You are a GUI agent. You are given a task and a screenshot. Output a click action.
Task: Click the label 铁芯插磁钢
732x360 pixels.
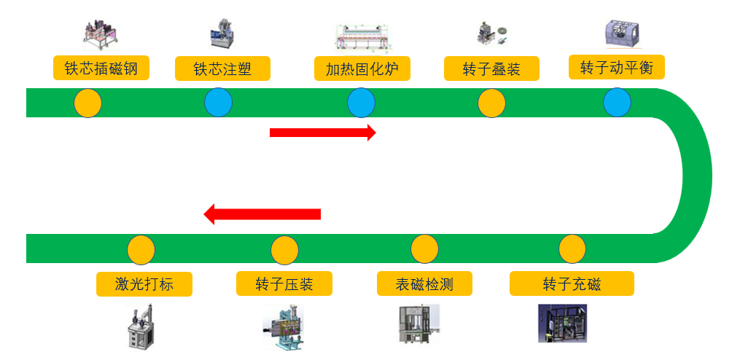[101, 69]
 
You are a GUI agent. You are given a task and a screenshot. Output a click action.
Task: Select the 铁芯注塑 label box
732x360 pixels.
[222, 69]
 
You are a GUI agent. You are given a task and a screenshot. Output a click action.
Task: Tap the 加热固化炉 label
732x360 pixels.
[362, 69]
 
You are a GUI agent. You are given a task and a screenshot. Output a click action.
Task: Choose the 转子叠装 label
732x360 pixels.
[491, 69]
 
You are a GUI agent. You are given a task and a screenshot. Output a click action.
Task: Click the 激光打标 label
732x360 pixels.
[144, 283]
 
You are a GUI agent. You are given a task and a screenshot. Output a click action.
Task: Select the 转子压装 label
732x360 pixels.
[284, 283]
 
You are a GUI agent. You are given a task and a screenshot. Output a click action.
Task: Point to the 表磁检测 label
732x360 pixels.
[424, 283]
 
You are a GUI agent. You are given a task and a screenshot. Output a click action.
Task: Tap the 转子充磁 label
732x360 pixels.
[572, 283]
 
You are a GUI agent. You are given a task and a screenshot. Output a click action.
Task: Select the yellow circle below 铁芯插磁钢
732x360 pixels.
[87, 103]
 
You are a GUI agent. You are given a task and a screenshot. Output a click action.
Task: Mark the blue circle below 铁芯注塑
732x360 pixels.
[218, 103]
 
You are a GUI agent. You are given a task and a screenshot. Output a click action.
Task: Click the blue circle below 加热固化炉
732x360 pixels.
[361, 103]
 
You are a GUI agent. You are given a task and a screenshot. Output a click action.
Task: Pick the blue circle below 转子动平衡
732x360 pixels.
[617, 102]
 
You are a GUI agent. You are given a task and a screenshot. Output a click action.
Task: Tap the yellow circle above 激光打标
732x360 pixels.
[141, 250]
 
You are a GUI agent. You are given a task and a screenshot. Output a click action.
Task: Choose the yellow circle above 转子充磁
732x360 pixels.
[572, 249]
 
